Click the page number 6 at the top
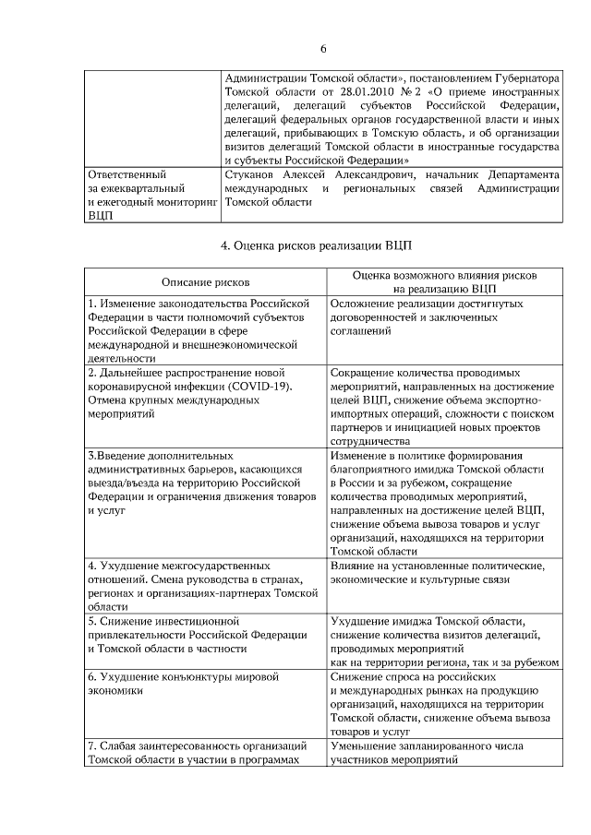323,49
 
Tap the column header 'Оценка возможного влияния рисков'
445,276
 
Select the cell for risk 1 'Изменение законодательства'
206,330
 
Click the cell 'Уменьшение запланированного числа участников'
445,753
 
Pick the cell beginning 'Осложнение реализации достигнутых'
445,330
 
